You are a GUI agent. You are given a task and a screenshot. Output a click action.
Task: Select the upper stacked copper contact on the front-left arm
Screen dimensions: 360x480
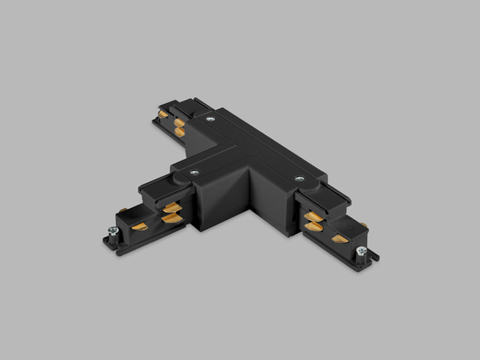coord(169,209)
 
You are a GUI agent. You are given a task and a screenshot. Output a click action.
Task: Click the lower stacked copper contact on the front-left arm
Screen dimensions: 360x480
coord(169,218)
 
